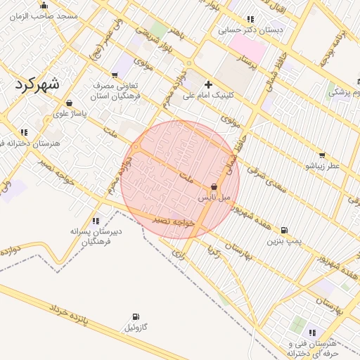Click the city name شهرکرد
pyautogui.click(x=37, y=84)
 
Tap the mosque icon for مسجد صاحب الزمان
pyautogui.click(x=44, y=6)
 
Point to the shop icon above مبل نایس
pyautogui.click(x=214, y=186)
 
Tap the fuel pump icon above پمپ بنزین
pyautogui.click(x=284, y=230)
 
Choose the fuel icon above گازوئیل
pyautogui.click(x=135, y=317)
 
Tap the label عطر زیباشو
pyautogui.click(x=322, y=166)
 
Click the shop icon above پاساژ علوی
pyautogui.click(x=68, y=103)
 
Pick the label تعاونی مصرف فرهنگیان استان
pyautogui.click(x=117, y=89)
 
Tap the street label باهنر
pyautogui.click(x=177, y=33)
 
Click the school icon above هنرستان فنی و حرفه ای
pyautogui.click(x=312, y=333)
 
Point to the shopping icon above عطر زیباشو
pyautogui.click(x=322, y=155)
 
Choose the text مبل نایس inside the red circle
pyautogui.click(x=214, y=198)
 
